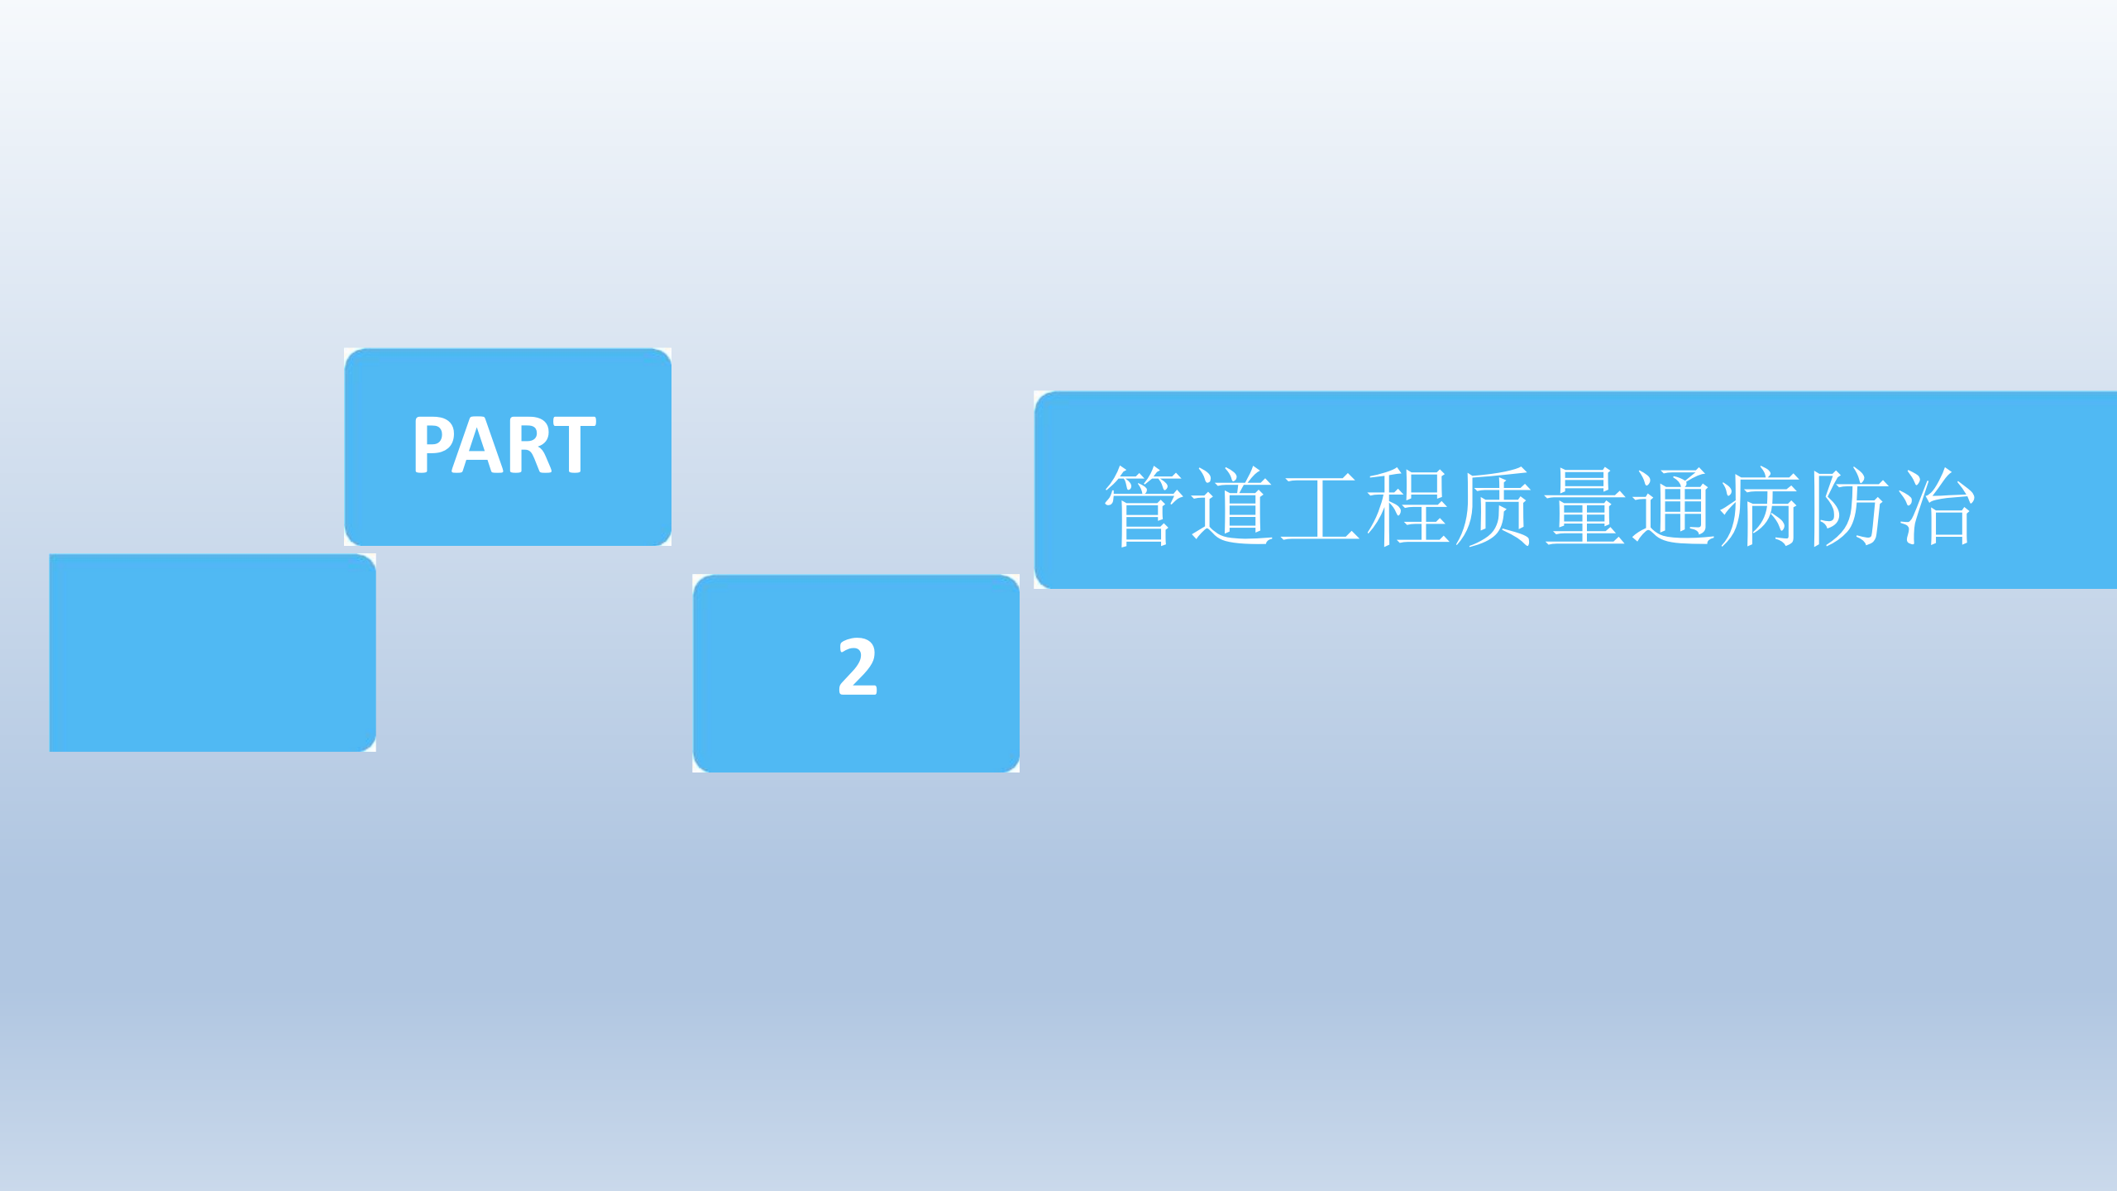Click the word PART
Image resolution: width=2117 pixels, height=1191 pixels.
pos(504,445)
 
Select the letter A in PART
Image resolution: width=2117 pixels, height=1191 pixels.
pos(480,445)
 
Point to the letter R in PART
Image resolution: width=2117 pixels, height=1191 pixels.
pos(530,445)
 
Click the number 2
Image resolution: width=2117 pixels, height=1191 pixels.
pos(857,667)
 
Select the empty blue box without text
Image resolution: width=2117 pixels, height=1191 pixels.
pos(213,653)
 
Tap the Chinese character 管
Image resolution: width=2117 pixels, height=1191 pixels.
pos(1146,506)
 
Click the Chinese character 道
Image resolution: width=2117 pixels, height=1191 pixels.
pos(1233,506)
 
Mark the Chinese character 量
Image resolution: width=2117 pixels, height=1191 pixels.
pos(1584,506)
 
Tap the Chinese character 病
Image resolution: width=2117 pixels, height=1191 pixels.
pos(1760,506)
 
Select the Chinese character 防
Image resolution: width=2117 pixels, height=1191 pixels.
pos(1848,506)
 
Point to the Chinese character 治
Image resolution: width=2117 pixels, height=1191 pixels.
pos(1936,506)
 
